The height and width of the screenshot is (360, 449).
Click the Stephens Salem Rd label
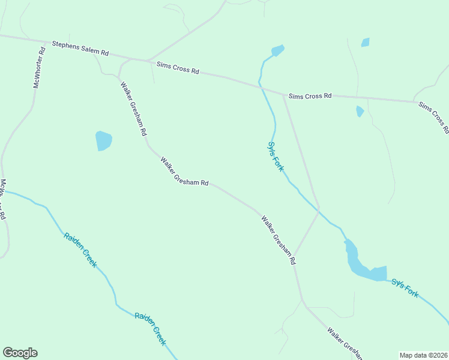80,49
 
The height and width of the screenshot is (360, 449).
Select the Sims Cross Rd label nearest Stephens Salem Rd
177,67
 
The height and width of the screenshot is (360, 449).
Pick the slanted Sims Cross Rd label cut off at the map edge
434,117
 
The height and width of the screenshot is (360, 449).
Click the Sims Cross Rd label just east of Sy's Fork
310,96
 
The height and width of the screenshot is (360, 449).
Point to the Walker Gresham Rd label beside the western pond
133,108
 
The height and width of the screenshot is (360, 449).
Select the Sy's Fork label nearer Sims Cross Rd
275,156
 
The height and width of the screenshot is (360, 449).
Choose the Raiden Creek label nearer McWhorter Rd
80,249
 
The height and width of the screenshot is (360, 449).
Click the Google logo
20,353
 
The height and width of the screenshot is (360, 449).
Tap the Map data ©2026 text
423,355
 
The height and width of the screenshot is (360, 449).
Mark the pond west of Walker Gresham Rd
103,141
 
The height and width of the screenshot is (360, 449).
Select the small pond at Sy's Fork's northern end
277,50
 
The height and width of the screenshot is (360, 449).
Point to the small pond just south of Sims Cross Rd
360,111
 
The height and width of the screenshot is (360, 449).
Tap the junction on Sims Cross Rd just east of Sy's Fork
283,94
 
